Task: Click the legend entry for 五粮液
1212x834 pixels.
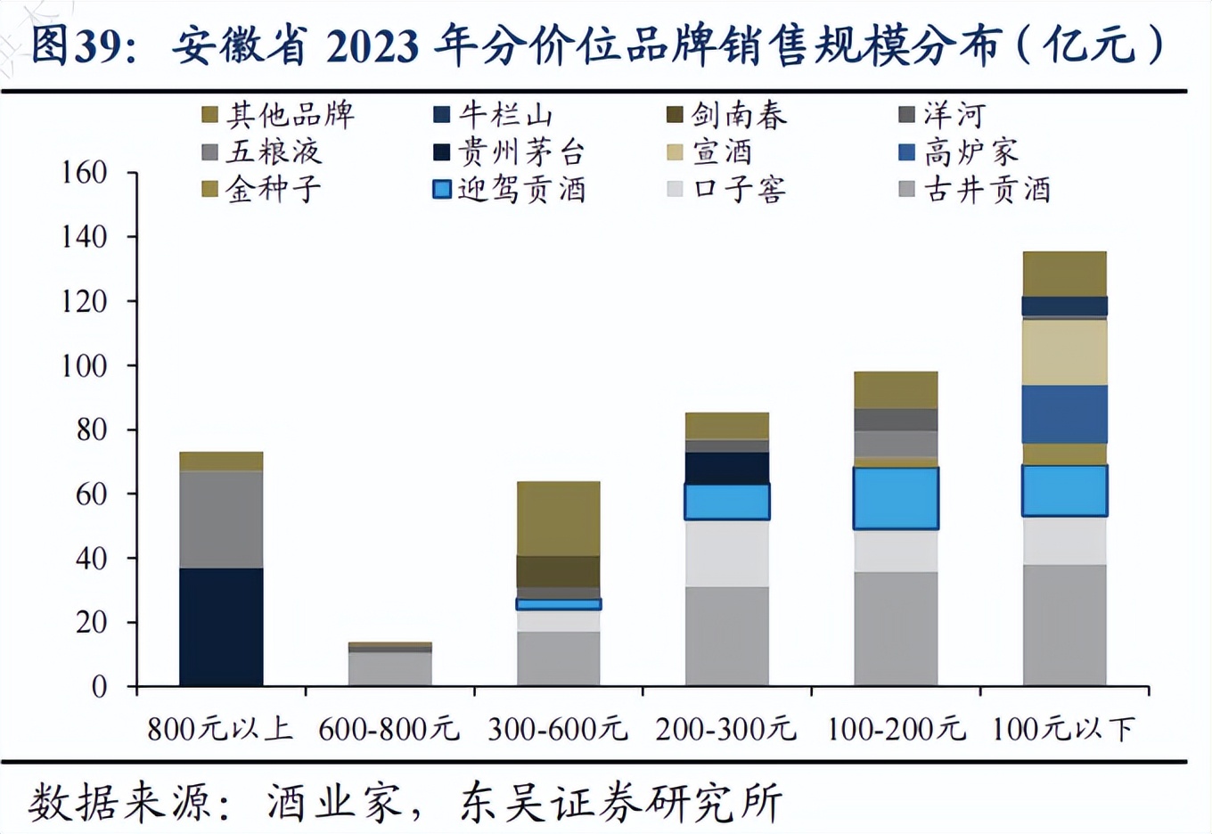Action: click(262, 152)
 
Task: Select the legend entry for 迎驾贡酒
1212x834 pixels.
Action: click(510, 190)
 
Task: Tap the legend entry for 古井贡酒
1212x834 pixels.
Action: click(977, 190)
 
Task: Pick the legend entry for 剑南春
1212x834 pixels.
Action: click(728, 115)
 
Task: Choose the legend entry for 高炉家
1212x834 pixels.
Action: click(960, 152)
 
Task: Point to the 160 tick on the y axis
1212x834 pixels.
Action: click(84, 172)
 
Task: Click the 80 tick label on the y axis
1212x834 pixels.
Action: click(91, 429)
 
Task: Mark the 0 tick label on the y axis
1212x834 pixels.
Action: click(99, 687)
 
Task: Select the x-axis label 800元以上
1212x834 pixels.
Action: click(220, 730)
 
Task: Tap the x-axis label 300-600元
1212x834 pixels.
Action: click(558, 730)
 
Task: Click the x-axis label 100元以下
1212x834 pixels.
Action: click(1064, 730)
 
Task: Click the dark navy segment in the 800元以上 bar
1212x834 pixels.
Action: click(221, 626)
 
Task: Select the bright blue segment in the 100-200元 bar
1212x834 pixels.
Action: click(896, 498)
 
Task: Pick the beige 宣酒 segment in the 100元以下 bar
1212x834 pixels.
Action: click(1065, 352)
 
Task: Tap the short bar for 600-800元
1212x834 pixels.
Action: click(389, 665)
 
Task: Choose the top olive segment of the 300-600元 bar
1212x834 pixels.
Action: click(559, 519)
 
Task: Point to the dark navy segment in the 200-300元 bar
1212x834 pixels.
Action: click(727, 468)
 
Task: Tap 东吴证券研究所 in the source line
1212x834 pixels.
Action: click(621, 803)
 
